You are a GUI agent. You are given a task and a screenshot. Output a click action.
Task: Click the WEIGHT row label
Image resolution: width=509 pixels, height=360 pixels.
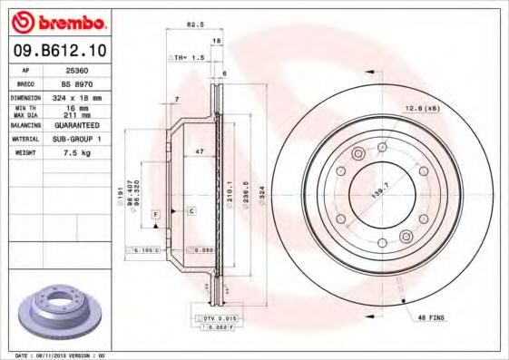(x=26, y=154)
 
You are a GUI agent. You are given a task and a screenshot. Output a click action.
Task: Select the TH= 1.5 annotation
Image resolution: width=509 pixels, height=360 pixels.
(x=188, y=56)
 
